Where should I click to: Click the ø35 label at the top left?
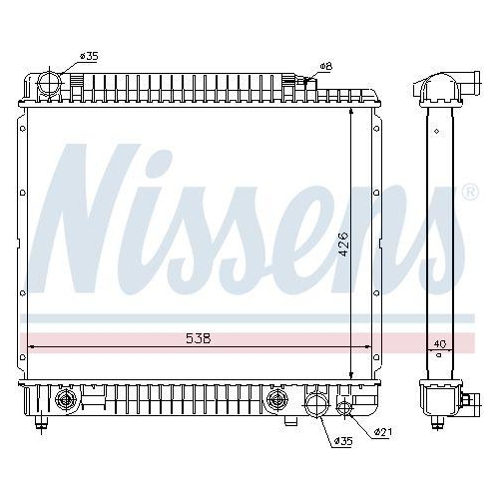coord(88,55)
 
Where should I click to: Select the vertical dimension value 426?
coord(341,241)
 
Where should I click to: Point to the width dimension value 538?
coord(198,338)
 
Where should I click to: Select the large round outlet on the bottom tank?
coord(316,403)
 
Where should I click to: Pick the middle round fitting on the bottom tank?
coord(276,402)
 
